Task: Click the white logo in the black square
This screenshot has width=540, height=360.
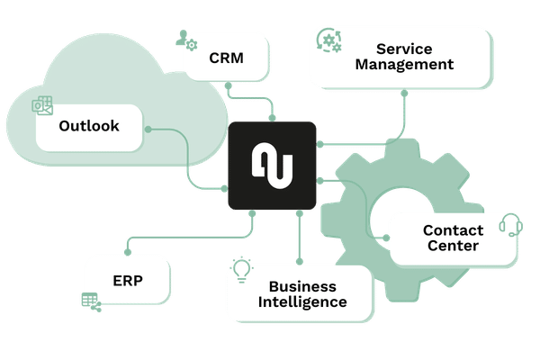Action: pyautogui.click(x=272, y=166)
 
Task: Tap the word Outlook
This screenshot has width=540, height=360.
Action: pyautogui.click(x=89, y=126)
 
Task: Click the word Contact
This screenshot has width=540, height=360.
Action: pyautogui.click(x=453, y=230)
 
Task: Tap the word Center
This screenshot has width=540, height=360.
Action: pyautogui.click(x=453, y=246)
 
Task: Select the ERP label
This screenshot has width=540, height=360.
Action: pyautogui.click(x=127, y=280)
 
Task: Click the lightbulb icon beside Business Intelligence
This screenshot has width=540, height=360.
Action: pyautogui.click(x=241, y=269)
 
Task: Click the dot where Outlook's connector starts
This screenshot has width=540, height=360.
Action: pyautogui.click(x=148, y=130)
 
